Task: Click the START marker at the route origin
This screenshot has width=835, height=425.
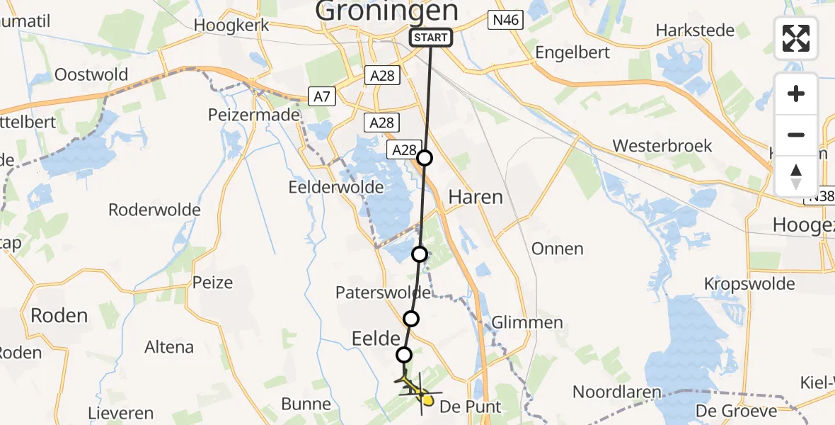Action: click(x=430, y=38)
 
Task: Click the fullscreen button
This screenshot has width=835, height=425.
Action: click(x=796, y=38)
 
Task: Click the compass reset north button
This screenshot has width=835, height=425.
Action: click(x=796, y=176)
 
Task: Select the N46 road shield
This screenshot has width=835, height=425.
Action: click(x=505, y=20)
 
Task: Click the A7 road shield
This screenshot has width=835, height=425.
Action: click(x=322, y=96)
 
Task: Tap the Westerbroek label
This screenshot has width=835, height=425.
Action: click(x=662, y=146)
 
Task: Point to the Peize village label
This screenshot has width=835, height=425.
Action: click(x=212, y=283)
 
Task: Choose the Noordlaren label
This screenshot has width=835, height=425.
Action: click(x=616, y=392)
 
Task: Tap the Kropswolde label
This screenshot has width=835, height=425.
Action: click(x=749, y=283)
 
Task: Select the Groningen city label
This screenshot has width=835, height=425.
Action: click(x=386, y=11)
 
